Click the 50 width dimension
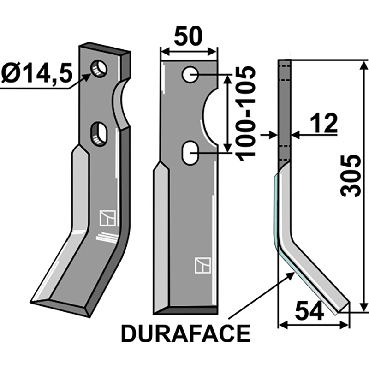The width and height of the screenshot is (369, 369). pos(188,37)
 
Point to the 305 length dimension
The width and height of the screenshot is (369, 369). pos(351,175)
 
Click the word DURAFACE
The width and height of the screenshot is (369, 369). pos(185,333)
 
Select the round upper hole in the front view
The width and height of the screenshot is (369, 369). pos(190,74)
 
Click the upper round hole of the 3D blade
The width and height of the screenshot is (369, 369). pos(99,69)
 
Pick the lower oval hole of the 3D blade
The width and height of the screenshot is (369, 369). pos(99,134)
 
